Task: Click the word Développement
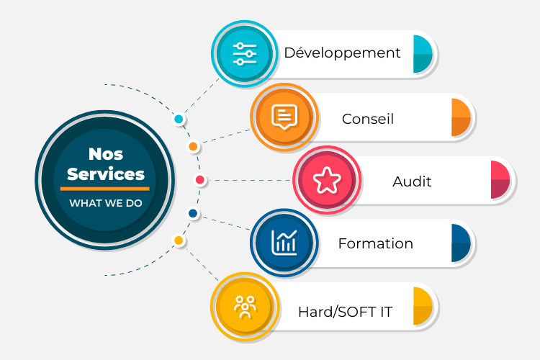pyautogui.click(x=342, y=53)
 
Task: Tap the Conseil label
pyautogui.click(x=368, y=118)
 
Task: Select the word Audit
pyautogui.click(x=412, y=181)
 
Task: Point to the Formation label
pyautogui.click(x=375, y=243)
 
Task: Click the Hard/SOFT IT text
pyautogui.click(x=346, y=312)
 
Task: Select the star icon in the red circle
pyautogui.click(x=326, y=180)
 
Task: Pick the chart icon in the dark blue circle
pyautogui.click(x=284, y=243)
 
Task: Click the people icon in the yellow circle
pyautogui.click(x=245, y=307)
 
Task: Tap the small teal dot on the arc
pyautogui.click(x=179, y=119)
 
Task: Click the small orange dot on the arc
pyautogui.click(x=193, y=147)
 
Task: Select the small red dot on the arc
pyautogui.click(x=200, y=180)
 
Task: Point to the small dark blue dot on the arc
pyautogui.click(x=193, y=213)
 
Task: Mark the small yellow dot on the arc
pyautogui.click(x=179, y=240)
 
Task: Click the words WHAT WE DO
pyautogui.click(x=105, y=203)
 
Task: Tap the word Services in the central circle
pyautogui.click(x=105, y=174)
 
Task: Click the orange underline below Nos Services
pyautogui.click(x=105, y=189)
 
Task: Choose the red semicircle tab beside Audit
pyautogui.click(x=501, y=180)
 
